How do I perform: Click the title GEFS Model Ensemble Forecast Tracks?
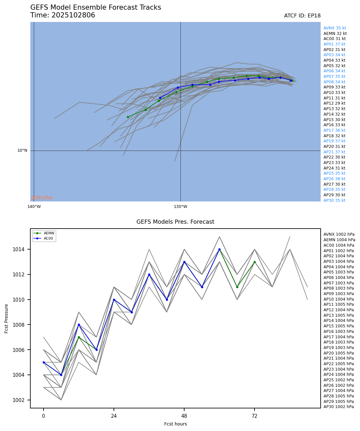point(95,7)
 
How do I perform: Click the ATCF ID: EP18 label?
point(302,16)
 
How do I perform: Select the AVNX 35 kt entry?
point(335,28)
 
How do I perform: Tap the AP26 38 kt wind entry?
point(334,179)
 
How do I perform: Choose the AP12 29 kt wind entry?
point(334,103)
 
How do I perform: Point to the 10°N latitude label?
point(22,150)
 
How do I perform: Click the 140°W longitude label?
point(34,207)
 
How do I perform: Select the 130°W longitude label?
point(180,207)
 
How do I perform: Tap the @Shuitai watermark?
point(42,198)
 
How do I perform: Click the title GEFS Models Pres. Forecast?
point(175,222)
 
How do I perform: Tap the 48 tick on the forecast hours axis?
point(184,416)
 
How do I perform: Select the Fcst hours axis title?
point(175,424)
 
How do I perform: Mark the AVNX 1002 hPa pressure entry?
point(339,234)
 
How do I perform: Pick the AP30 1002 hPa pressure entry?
point(338,407)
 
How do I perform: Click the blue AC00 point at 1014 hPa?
point(219,250)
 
